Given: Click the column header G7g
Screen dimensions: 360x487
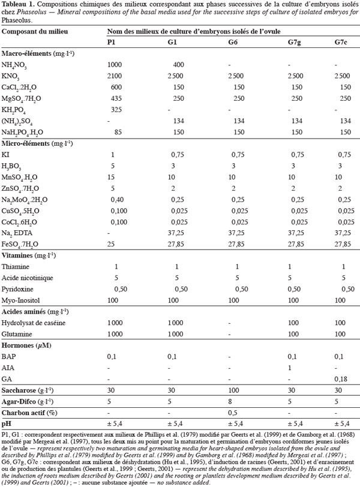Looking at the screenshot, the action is tap(294, 43).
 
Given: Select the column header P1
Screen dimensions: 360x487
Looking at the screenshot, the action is tap(111, 42).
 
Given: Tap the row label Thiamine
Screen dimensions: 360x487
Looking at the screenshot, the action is tap(15, 267).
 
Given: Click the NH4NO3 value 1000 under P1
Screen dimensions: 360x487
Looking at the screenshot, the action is tap(115, 65).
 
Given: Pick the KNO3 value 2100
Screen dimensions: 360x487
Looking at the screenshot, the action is tap(115, 76).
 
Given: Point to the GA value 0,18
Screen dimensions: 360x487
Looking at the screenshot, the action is tap(341, 379).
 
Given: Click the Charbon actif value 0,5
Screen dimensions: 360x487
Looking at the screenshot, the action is tap(233, 413).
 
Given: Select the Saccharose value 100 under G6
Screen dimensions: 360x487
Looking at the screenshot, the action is tap(233, 390).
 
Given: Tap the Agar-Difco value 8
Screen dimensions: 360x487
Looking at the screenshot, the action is tap(230, 402).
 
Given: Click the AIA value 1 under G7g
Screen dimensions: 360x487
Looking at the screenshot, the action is tap(289, 368).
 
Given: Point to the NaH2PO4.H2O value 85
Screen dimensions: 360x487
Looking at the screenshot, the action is tap(118, 132).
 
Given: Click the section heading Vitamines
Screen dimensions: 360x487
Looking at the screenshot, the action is tap(17, 255).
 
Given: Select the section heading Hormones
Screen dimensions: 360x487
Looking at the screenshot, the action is tap(17, 345).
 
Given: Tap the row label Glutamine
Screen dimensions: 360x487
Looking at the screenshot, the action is tap(17, 334).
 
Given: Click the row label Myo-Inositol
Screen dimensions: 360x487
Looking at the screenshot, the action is tap(20, 300).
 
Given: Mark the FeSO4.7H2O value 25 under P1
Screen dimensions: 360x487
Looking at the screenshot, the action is tap(111, 244).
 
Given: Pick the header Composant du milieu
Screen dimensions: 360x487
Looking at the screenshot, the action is tap(35, 32).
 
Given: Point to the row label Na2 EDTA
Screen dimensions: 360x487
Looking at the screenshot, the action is tap(17, 233).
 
